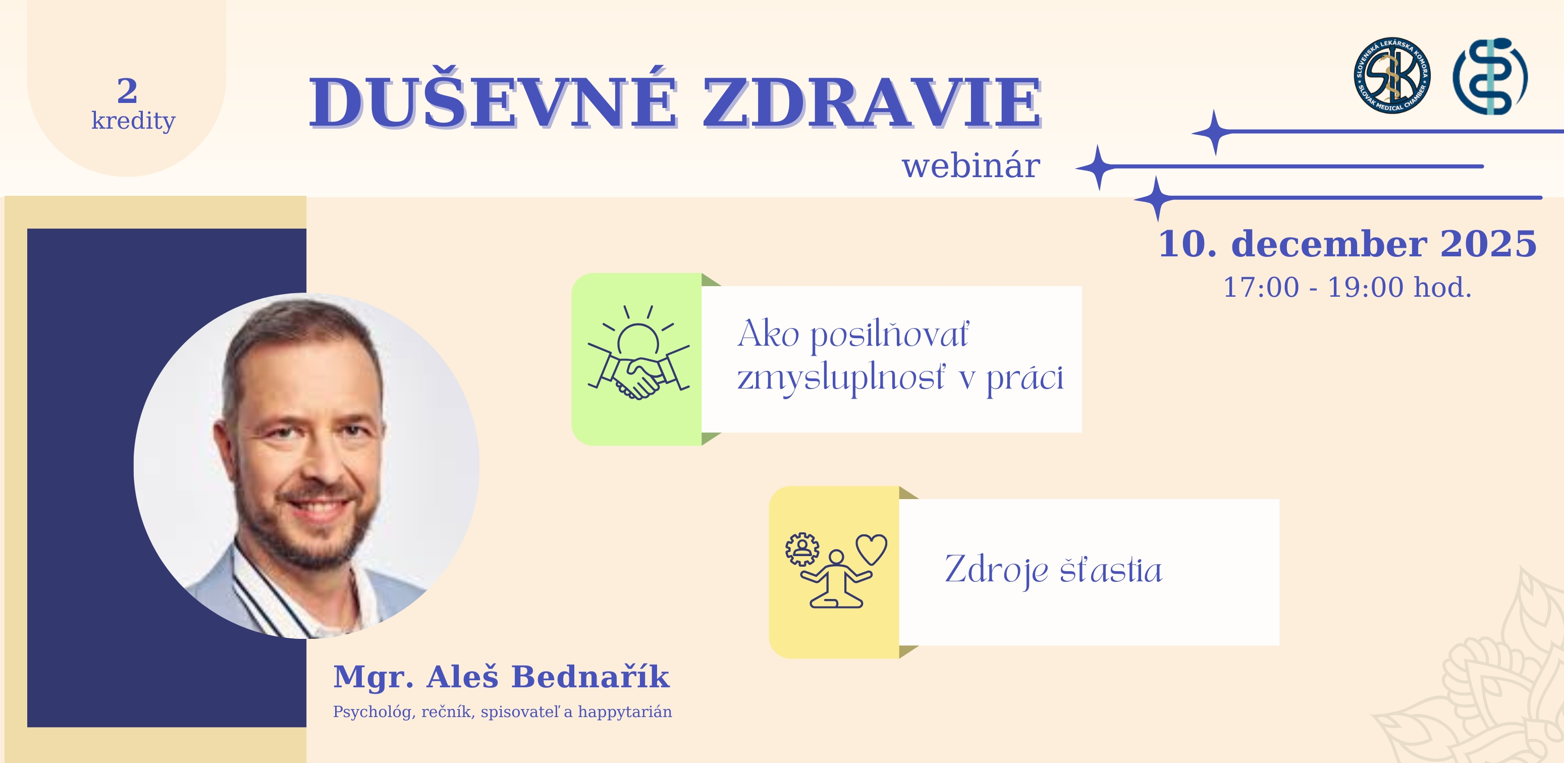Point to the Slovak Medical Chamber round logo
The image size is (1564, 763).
pyautogui.click(x=1391, y=75)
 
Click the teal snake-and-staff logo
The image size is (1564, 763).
pyautogui.click(x=1489, y=77)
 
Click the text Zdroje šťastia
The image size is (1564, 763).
pyautogui.click(x=1053, y=569)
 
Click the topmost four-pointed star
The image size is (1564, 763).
pyautogui.click(x=1214, y=132)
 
